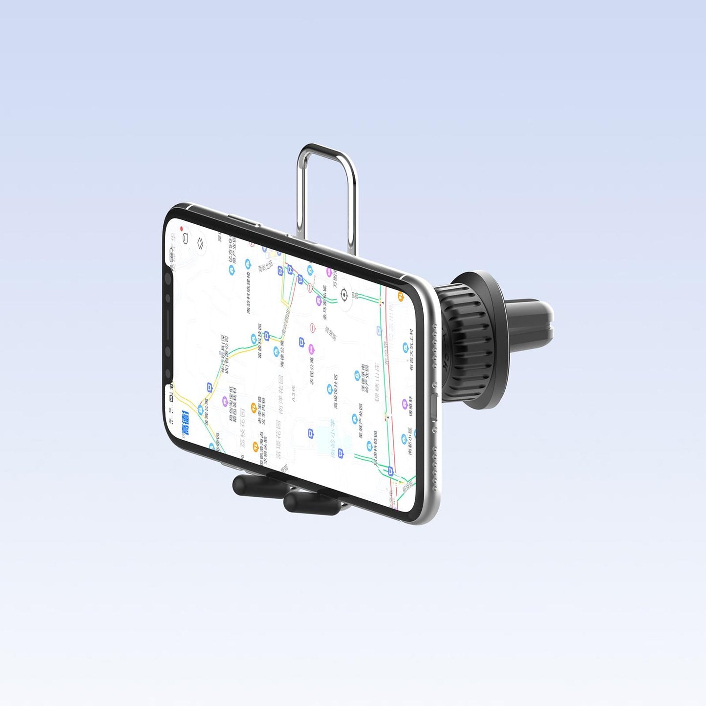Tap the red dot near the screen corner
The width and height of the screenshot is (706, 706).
click(182, 229)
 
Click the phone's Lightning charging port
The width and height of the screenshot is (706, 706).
click(433, 406)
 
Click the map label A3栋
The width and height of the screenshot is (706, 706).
click(293, 393)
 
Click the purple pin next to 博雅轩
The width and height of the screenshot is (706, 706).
click(405, 404)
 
